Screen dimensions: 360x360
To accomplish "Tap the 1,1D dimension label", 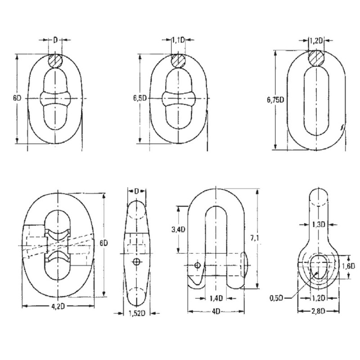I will point(178,41).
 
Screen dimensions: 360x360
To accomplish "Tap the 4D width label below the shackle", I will point(216,311).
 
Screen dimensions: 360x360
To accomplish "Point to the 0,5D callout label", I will point(277,298).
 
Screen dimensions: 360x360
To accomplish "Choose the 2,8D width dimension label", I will point(319,311).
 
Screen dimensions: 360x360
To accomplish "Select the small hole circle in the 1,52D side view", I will point(136,262).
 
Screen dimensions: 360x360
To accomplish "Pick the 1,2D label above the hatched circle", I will point(316,41).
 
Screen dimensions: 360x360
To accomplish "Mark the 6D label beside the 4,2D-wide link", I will point(103,243).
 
